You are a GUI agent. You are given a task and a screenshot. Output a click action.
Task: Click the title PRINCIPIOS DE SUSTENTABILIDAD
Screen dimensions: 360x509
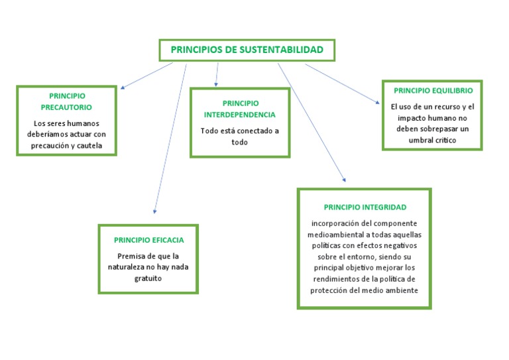click(247, 50)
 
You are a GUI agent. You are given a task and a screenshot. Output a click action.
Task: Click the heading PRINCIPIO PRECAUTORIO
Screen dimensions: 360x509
click(66, 101)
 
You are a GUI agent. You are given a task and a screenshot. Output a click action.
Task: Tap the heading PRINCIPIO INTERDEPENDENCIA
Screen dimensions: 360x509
click(240, 109)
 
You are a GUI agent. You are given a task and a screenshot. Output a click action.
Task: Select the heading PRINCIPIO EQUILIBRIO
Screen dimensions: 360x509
click(433, 90)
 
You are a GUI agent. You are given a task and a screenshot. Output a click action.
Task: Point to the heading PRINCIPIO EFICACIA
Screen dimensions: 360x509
click(148, 240)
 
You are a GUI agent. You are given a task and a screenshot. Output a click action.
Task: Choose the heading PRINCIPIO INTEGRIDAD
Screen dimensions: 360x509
click(365, 208)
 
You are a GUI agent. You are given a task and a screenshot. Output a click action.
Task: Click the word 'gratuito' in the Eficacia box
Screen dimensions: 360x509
click(148, 278)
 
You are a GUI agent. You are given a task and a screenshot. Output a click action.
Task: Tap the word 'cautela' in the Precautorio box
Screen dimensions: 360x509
click(89, 145)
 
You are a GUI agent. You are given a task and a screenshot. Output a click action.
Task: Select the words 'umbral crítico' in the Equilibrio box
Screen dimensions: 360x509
click(433, 140)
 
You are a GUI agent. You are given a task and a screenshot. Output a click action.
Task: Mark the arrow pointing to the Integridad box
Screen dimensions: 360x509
click(311, 122)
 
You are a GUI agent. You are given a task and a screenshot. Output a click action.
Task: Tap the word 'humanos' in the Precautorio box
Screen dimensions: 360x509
click(81, 123)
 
